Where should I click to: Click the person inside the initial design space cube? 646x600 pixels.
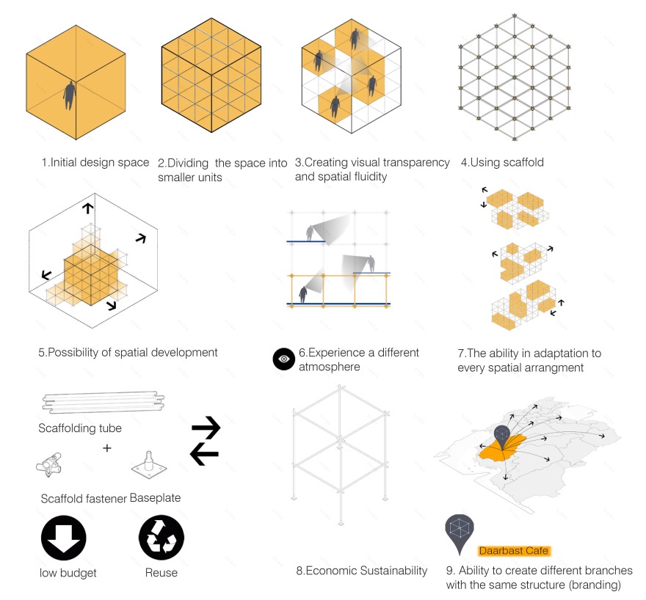(69, 95)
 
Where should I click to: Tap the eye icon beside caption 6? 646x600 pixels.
(284, 359)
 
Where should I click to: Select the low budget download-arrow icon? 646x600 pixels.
(63, 538)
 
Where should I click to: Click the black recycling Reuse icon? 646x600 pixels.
(161, 538)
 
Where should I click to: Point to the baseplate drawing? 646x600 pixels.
(149, 465)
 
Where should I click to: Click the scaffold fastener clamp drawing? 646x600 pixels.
(49, 465)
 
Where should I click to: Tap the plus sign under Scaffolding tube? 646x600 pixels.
(107, 447)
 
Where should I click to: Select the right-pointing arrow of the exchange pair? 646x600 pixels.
(206, 428)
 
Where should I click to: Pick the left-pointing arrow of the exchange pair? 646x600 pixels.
(204, 454)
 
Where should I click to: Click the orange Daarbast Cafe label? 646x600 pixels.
(513, 551)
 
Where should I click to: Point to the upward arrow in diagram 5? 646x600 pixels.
(87, 208)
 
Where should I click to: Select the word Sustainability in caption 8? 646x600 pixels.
(393, 571)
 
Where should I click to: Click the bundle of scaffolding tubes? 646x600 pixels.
(104, 402)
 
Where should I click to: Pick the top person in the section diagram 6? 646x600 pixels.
(310, 233)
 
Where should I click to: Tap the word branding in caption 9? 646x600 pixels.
(595, 585)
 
